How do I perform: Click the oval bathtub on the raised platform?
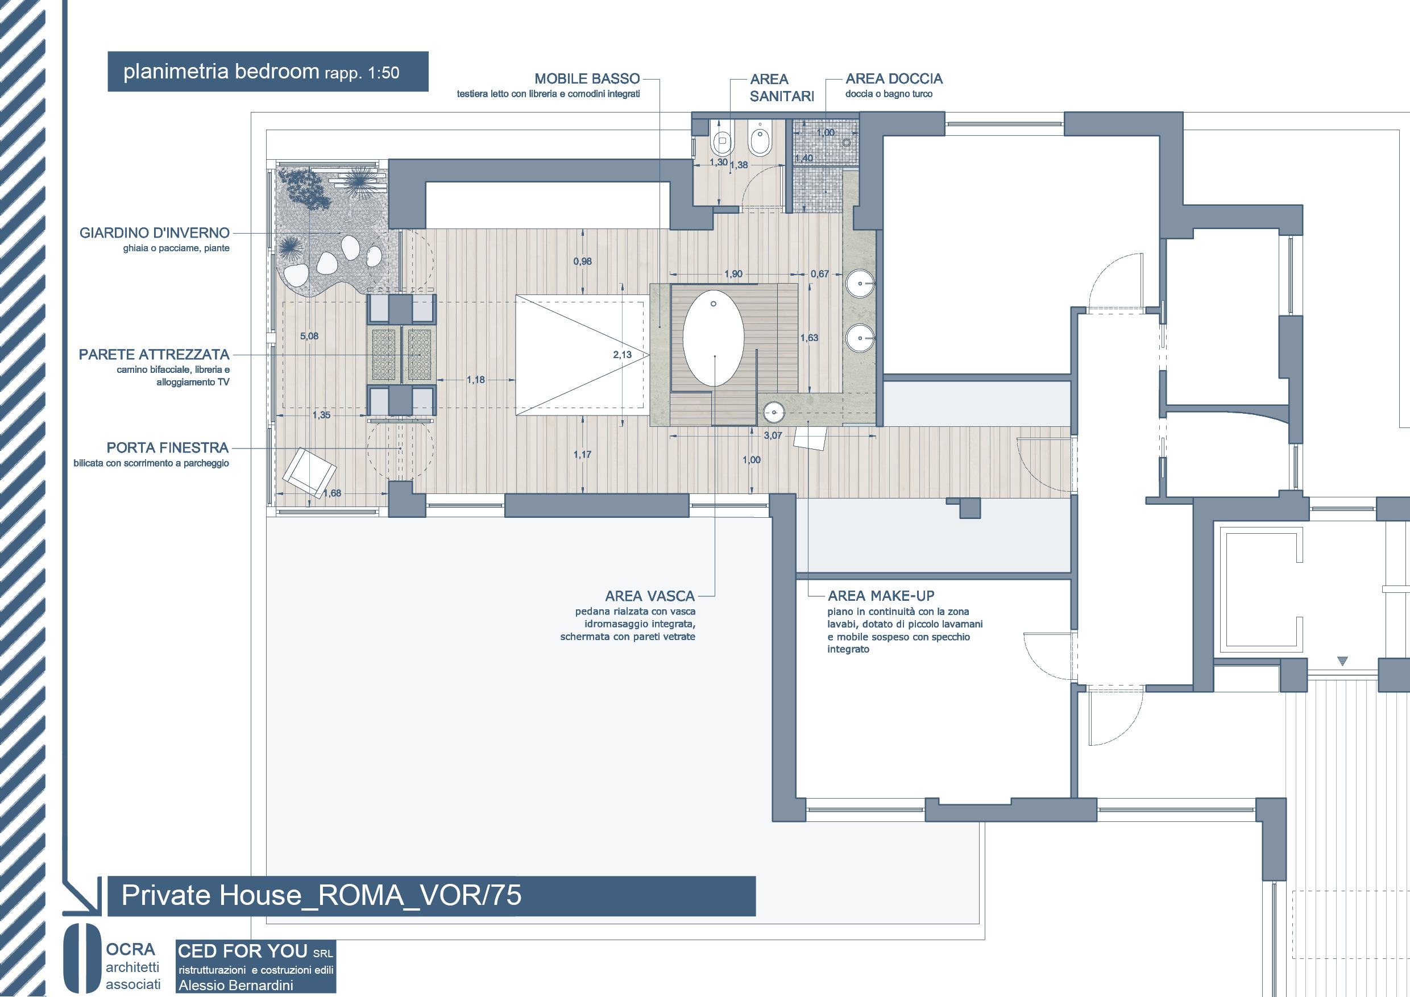coord(713,338)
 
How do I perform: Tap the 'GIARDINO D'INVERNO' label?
coord(154,232)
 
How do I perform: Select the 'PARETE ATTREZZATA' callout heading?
coord(154,354)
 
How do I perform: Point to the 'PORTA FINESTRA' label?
coord(167,447)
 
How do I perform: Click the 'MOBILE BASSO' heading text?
coord(587,78)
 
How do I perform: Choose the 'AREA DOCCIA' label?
coord(894,78)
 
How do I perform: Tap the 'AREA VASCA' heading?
coord(650,596)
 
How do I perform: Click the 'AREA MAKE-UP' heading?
coord(881,596)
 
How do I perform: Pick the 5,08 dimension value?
coord(309,336)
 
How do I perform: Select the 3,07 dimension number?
coord(773,435)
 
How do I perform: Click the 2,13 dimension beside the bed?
coord(622,354)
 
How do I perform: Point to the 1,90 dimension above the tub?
coord(733,274)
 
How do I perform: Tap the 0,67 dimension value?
coord(820,274)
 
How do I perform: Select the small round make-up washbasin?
coord(774,412)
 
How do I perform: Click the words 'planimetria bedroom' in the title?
coord(221,71)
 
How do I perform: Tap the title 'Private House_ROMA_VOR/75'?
coord(321,895)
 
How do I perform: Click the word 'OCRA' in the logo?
coord(130,950)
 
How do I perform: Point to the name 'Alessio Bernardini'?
coord(236,985)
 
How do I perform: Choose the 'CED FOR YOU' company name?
coord(243,951)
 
